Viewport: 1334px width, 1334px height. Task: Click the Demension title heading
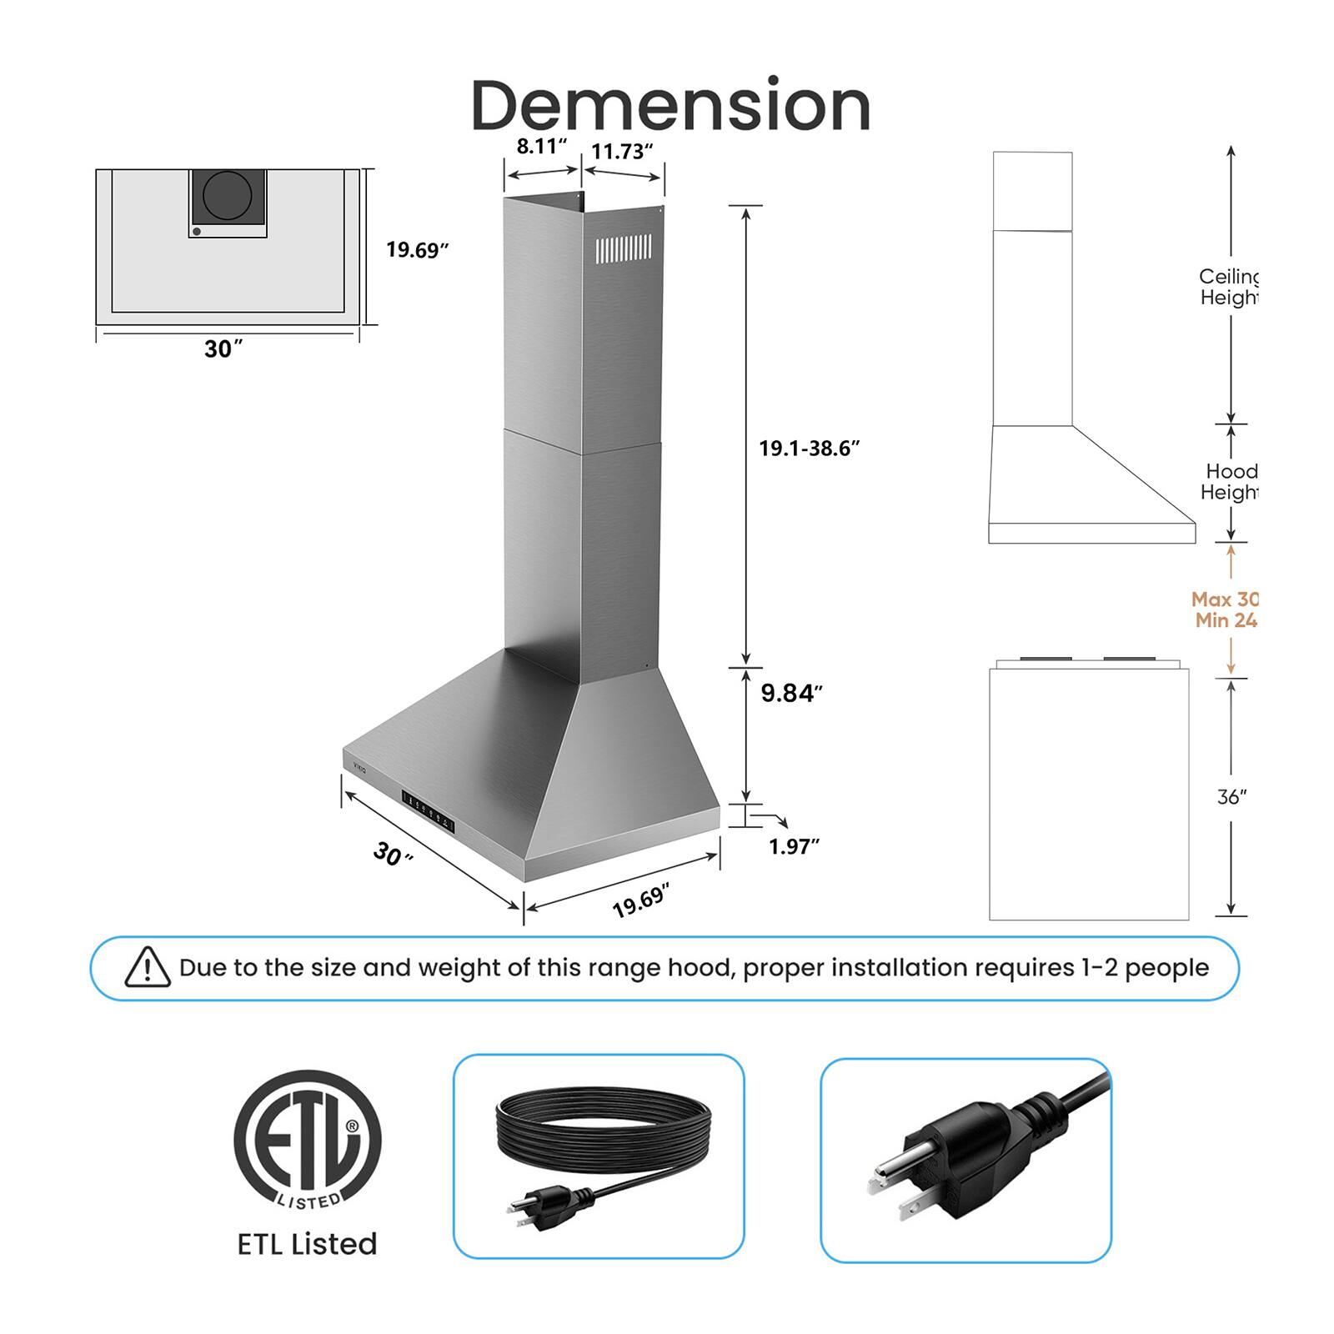pos(670,106)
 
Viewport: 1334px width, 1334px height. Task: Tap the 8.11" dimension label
pos(541,147)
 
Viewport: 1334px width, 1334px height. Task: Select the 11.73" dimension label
pos(622,152)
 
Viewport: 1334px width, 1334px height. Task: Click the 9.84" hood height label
pos(791,693)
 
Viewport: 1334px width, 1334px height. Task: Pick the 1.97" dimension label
pos(794,846)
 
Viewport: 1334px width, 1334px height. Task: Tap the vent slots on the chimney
pos(624,249)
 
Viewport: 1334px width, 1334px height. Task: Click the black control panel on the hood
pos(429,810)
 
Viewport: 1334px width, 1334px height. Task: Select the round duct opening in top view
pos(228,195)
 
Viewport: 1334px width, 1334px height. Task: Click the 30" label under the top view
pos(223,349)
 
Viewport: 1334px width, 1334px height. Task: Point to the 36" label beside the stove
pos(1231,797)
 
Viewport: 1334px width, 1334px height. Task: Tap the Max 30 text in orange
pos(1224,599)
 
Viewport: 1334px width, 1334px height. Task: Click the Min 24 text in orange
pos(1226,620)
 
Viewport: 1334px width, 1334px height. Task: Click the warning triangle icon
pos(148,968)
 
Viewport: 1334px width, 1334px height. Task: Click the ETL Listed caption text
pos(307,1244)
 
